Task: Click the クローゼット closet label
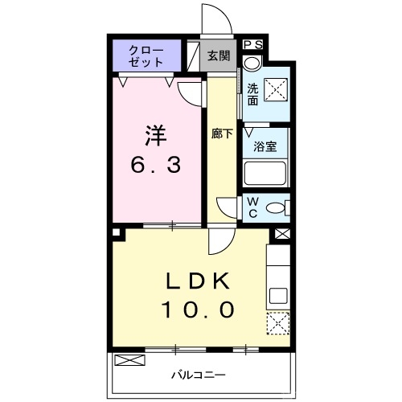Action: click(x=147, y=55)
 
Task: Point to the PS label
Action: click(x=252, y=44)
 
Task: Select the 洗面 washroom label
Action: click(x=252, y=95)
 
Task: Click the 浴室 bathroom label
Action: click(x=265, y=147)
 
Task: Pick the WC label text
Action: click(x=252, y=207)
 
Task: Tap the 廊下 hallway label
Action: click(x=222, y=134)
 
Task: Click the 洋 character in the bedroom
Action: click(x=157, y=132)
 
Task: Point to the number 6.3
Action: click(x=157, y=166)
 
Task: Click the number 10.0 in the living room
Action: click(x=199, y=309)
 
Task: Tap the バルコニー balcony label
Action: click(x=198, y=375)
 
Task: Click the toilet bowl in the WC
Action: click(x=277, y=207)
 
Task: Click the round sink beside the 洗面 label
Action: click(x=254, y=63)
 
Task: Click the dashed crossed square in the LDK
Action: click(x=278, y=324)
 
